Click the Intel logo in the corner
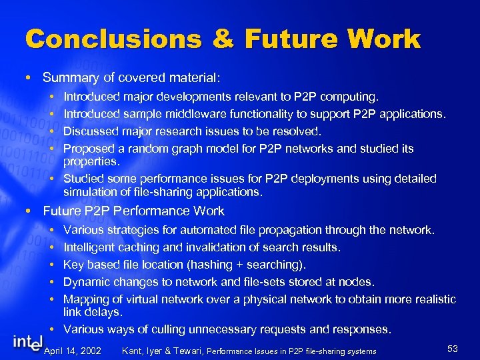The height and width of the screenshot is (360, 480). (27, 343)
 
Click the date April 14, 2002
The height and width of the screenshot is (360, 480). (72, 351)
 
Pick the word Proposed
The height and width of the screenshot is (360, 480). (89, 148)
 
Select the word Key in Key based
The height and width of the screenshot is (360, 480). (73, 265)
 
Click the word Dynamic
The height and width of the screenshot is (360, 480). (87, 282)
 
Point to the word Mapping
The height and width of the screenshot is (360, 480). (85, 299)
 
